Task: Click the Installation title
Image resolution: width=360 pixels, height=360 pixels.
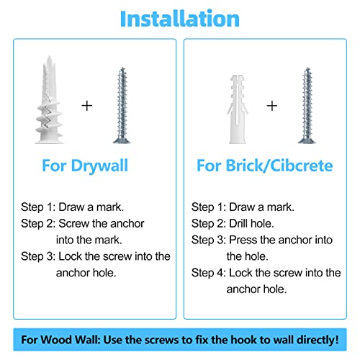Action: [180, 19]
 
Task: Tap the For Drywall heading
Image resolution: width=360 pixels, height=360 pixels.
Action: [85, 166]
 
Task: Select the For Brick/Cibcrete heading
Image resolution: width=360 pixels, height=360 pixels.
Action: [265, 166]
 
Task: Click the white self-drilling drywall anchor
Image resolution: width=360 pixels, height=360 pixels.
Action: [49, 100]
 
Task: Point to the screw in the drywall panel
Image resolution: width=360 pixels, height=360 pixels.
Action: [122, 106]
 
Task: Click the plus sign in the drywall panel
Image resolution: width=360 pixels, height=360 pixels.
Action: [87, 106]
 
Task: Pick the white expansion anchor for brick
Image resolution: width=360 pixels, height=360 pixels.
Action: [238, 109]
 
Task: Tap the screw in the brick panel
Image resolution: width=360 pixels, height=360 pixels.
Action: [307, 106]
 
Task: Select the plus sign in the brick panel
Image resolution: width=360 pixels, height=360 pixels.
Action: [272, 106]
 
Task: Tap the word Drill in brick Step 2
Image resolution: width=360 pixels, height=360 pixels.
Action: [238, 223]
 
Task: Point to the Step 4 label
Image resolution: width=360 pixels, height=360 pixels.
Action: [209, 273]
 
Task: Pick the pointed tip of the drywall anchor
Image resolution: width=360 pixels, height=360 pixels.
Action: [50, 56]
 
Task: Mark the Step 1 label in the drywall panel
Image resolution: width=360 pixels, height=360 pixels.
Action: [38, 207]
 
